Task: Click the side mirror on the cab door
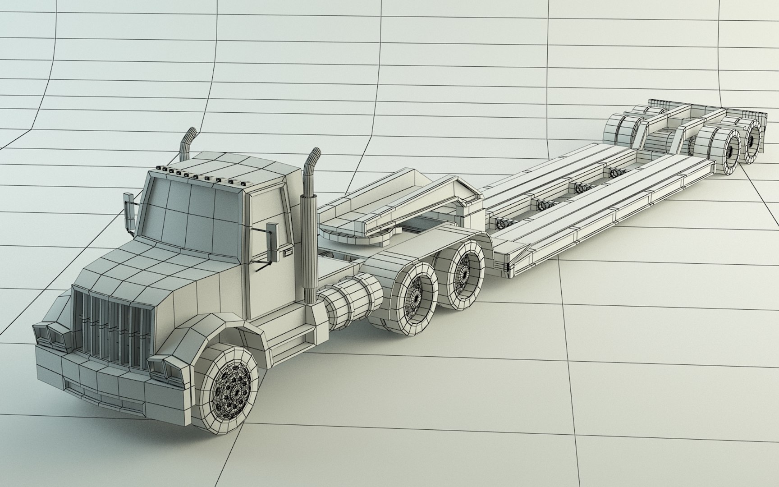pos(272,241)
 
